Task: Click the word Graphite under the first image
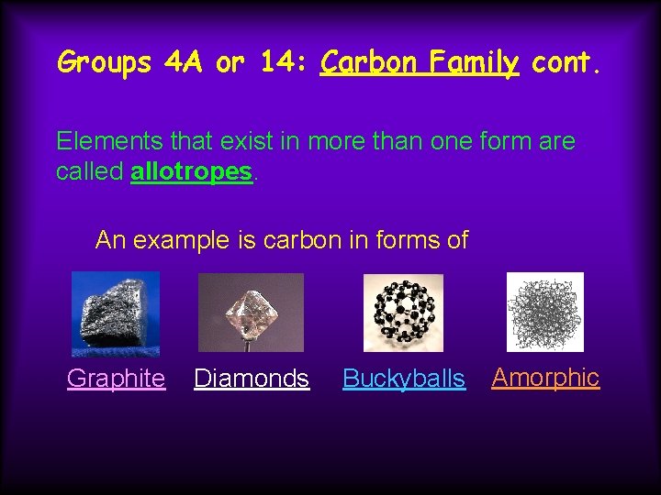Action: (x=116, y=378)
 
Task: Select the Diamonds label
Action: (x=252, y=378)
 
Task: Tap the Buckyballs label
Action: (x=404, y=378)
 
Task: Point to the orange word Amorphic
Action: (x=545, y=377)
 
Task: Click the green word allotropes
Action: (x=191, y=172)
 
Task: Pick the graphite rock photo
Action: (x=116, y=313)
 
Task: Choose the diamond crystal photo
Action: (x=251, y=313)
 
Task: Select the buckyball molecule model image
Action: (x=403, y=313)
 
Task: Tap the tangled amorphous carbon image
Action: (x=544, y=313)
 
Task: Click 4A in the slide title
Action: (x=183, y=62)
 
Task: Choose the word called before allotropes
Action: (x=90, y=172)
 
